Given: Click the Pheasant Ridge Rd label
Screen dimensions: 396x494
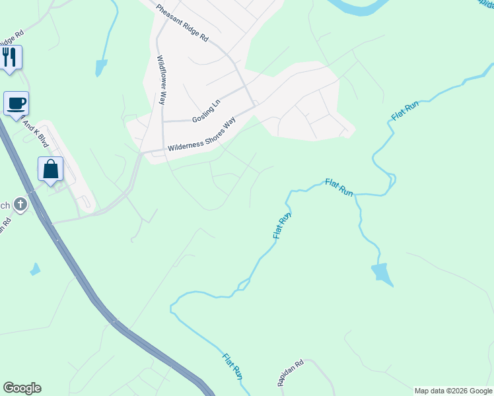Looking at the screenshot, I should tap(182, 24).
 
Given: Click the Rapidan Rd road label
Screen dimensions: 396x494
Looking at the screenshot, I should tap(289, 372).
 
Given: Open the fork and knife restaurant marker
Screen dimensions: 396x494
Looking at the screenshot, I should tap(11, 57).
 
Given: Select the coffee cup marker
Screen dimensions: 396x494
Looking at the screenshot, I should tap(17, 103).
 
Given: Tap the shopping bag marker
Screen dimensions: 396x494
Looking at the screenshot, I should tap(51, 169).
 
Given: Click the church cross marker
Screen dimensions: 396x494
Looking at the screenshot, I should tap(20, 205).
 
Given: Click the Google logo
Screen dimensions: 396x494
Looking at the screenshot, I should tap(22, 388).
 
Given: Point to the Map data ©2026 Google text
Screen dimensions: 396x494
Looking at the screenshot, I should tap(453, 391).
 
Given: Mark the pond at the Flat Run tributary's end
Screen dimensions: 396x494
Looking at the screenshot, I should tap(380, 273).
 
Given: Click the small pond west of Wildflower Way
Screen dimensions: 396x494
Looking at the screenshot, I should tap(100, 67).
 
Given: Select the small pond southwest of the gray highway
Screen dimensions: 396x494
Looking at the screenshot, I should tap(34, 269).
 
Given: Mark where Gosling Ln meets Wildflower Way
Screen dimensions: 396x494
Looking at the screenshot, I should tap(163, 121).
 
